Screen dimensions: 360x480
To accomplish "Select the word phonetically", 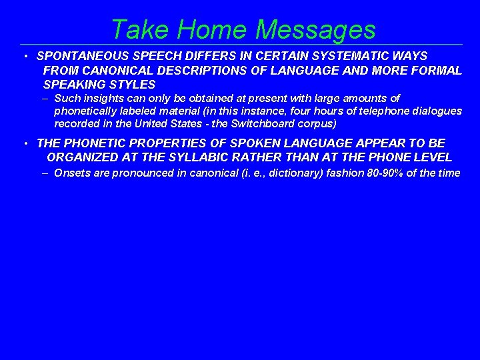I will tap(86, 111).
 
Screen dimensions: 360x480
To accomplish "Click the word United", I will tap(151, 124).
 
